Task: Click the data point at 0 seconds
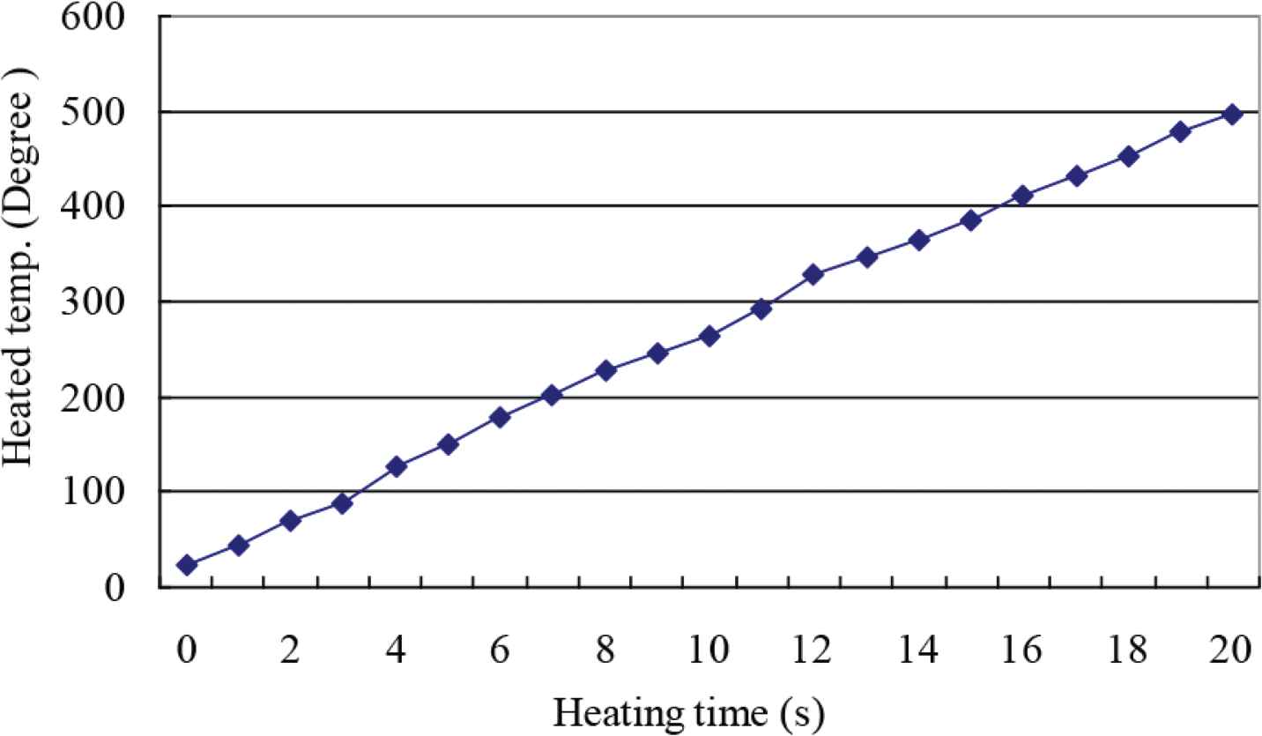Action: [186, 564]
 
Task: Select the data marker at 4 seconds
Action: [396, 466]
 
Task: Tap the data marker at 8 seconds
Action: [605, 370]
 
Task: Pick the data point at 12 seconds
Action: [813, 274]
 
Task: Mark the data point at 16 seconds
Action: [1022, 195]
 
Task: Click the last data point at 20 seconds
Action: [1232, 114]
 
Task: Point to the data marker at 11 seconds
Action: [761, 309]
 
